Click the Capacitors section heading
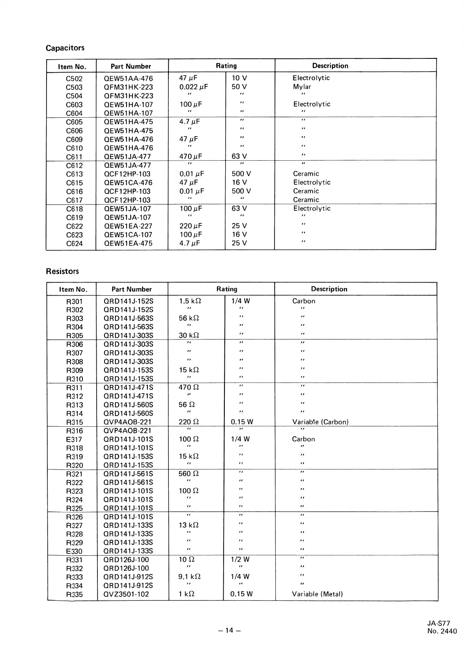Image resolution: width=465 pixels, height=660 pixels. [65, 48]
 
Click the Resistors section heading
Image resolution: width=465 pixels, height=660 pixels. [62, 271]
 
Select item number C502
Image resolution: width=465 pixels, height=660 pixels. [74, 79]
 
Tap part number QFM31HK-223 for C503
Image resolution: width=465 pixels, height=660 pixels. [128, 87]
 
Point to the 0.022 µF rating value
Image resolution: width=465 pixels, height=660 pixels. [193, 87]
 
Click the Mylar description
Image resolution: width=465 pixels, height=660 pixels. [302, 87]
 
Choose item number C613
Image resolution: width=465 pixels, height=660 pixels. [74, 174]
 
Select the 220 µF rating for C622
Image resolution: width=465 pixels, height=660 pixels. [190, 226]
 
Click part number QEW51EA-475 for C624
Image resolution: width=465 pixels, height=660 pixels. [128, 244]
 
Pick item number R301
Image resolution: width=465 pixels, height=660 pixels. [74, 302]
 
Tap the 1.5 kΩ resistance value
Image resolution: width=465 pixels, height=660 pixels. [190, 301]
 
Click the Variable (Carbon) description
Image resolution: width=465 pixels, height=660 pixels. [320, 422]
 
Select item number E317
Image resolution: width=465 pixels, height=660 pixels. [74, 439]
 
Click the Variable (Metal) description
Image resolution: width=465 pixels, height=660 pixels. [317, 594]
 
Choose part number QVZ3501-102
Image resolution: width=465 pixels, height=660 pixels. [126, 594]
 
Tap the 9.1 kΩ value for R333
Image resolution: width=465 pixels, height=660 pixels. [190, 577]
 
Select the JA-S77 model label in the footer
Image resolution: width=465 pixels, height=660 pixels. [438, 624]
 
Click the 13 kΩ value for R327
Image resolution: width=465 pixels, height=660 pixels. [189, 525]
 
